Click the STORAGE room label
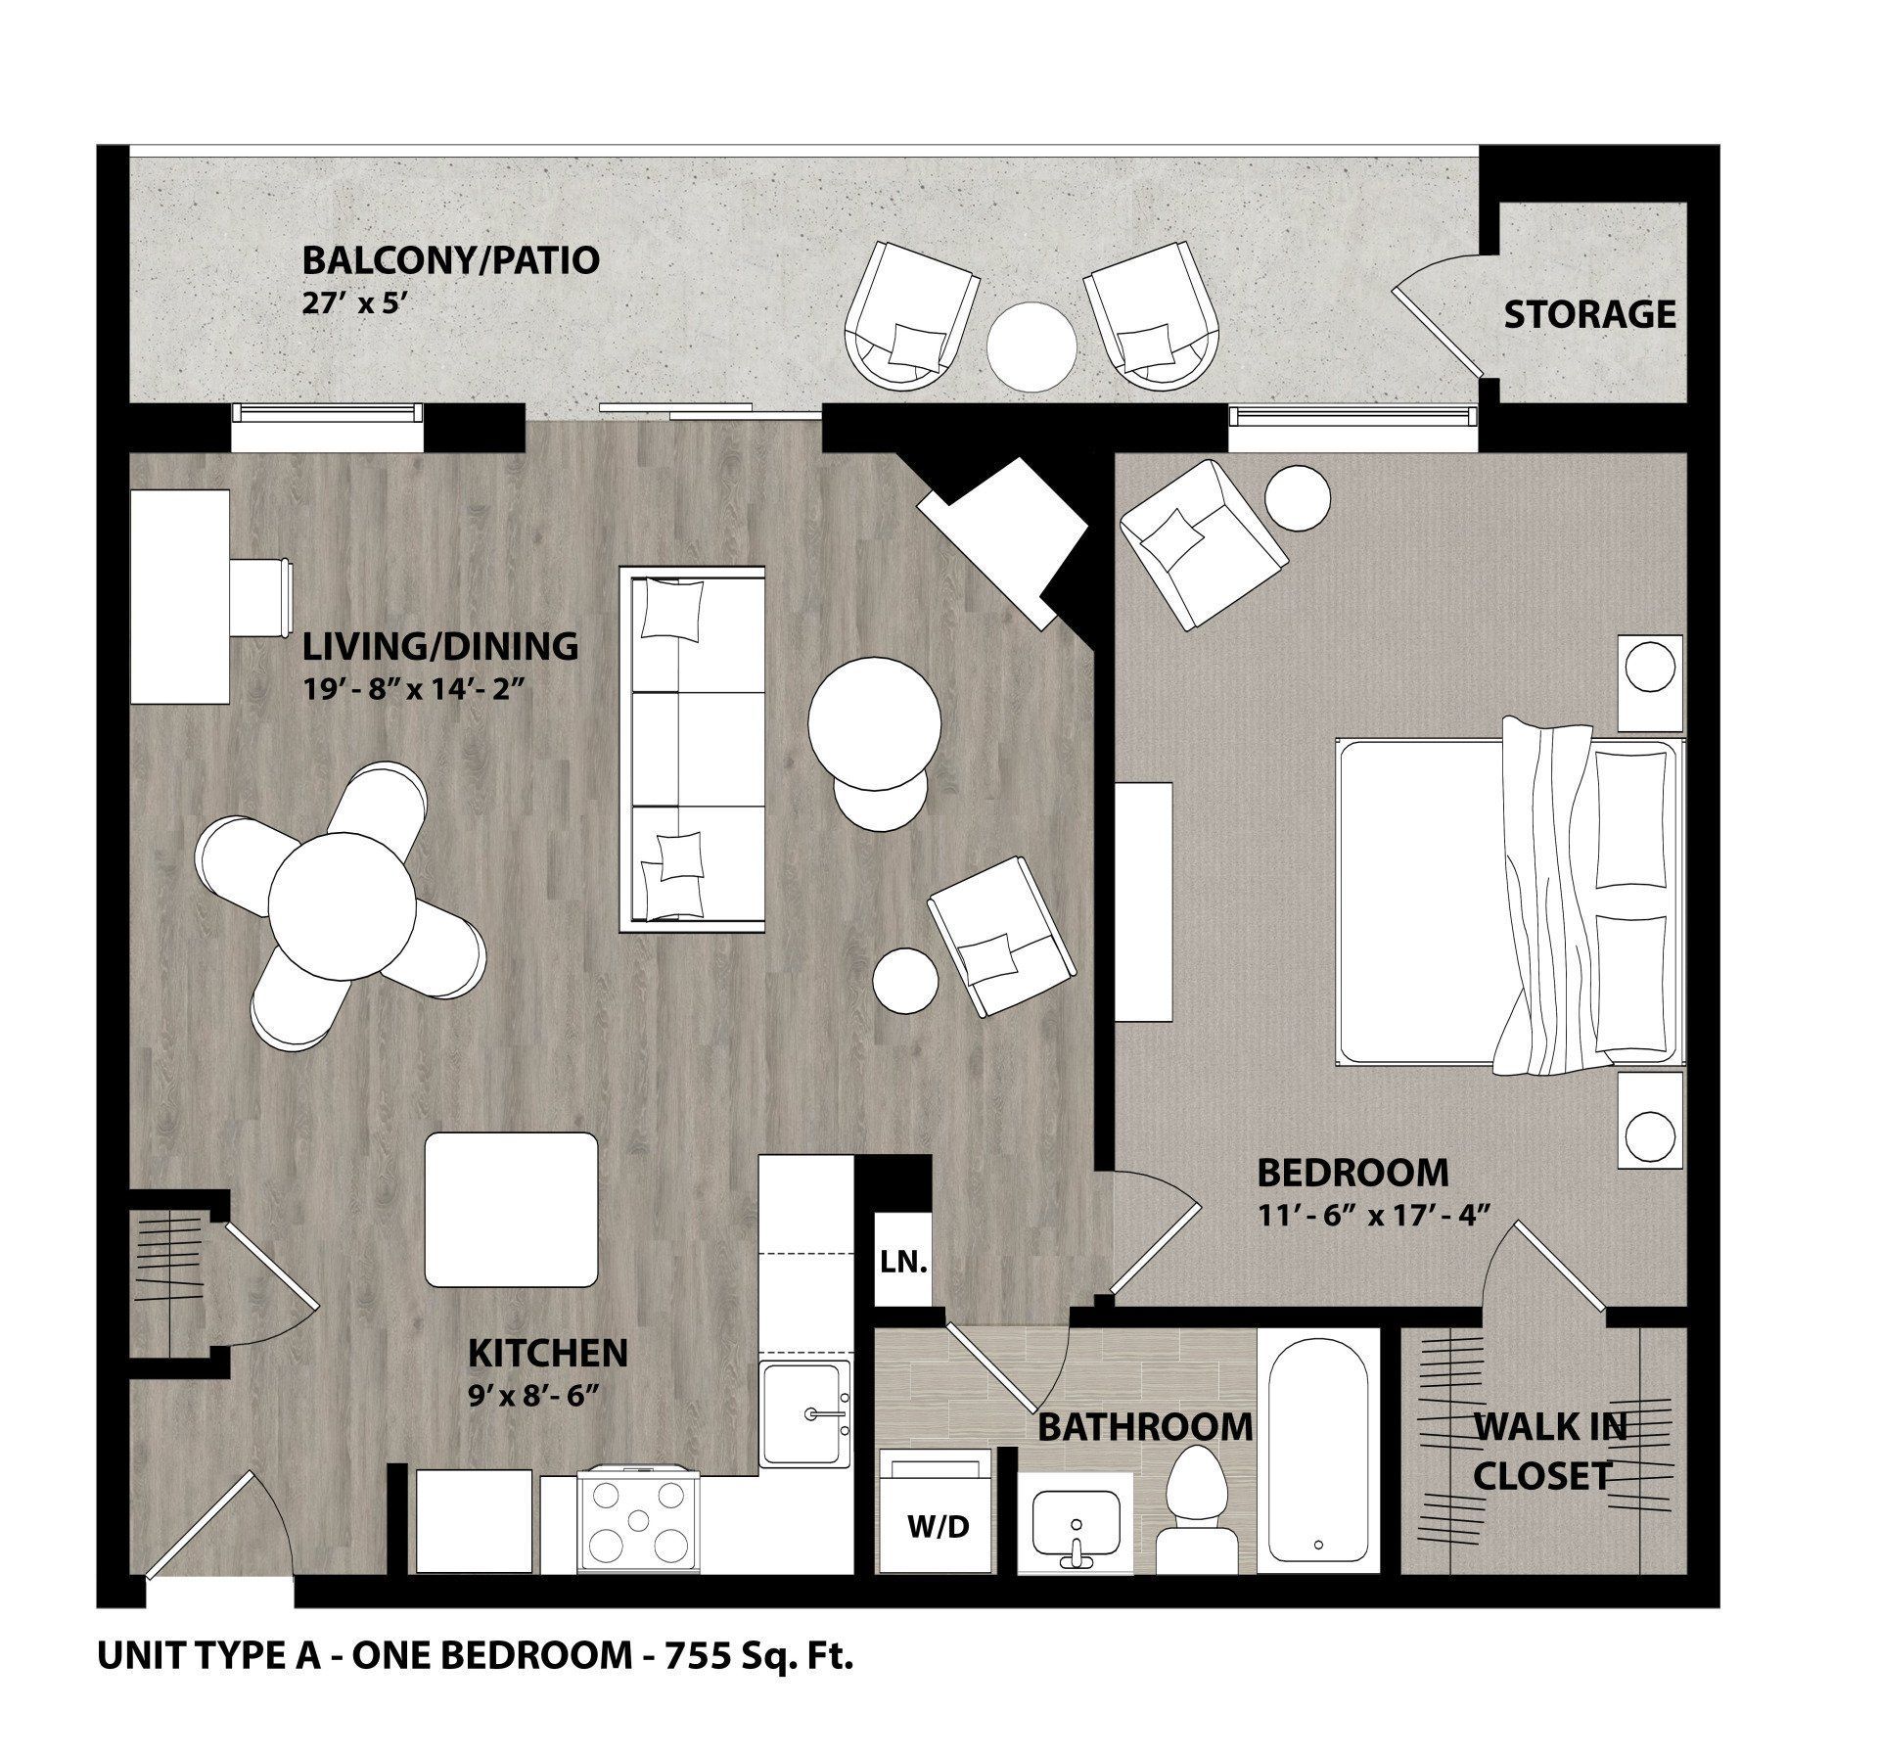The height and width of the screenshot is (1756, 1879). point(1589,314)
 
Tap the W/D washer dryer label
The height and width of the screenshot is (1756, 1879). point(939,1526)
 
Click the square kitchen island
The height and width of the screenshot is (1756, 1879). point(511,1210)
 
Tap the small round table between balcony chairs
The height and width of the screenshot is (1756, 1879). point(1031,347)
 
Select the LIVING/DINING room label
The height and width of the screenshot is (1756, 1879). point(439,646)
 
